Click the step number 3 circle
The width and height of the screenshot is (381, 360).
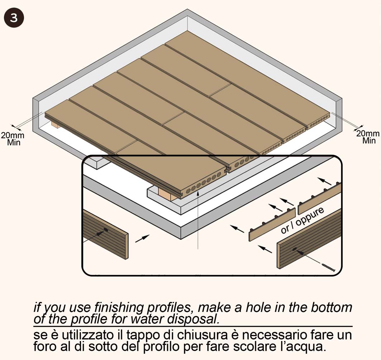click(x=14, y=18)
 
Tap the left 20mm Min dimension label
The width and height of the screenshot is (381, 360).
click(x=13, y=139)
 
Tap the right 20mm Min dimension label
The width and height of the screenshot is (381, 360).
click(x=368, y=137)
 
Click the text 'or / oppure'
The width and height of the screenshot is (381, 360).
click(x=303, y=221)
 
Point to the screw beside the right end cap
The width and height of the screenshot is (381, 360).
click(x=328, y=267)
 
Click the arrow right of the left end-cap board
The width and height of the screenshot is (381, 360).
click(x=142, y=239)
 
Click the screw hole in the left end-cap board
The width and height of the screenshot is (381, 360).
click(x=106, y=230)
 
